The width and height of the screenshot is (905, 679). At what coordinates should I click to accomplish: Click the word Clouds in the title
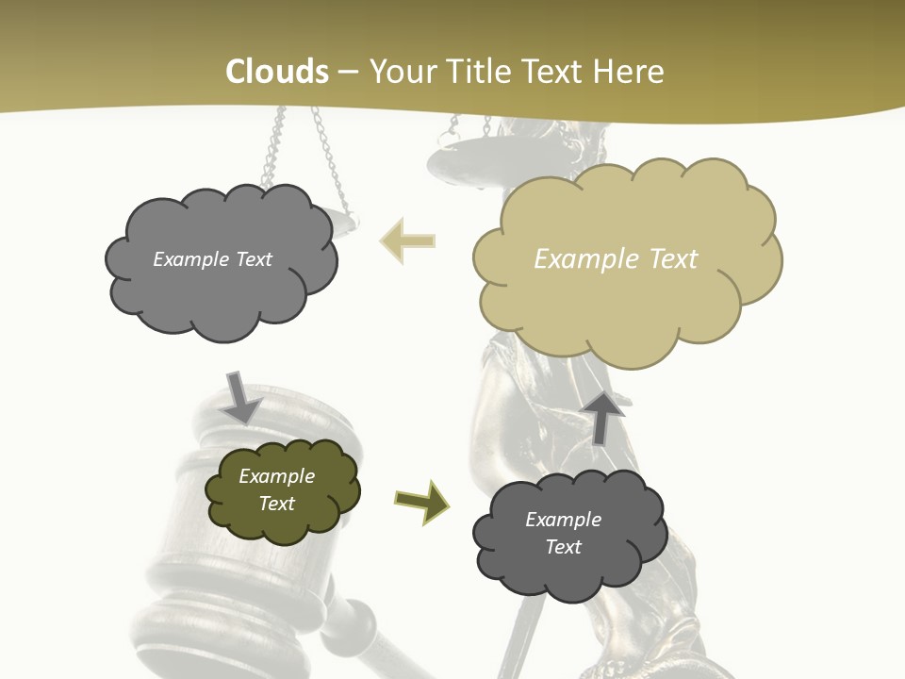pos(277,72)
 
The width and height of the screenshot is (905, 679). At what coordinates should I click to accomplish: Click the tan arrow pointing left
pos(407,241)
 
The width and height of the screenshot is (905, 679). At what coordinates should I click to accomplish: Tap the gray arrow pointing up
pos(605,416)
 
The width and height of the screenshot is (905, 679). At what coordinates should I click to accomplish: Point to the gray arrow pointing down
pos(240,396)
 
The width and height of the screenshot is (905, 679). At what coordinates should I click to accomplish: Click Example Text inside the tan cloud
pos(616,259)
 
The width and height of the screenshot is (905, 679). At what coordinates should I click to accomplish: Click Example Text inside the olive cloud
pos(277,489)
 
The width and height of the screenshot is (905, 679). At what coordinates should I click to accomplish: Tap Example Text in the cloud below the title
pos(212,259)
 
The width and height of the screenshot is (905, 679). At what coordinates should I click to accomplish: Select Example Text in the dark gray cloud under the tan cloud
pos(563,533)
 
